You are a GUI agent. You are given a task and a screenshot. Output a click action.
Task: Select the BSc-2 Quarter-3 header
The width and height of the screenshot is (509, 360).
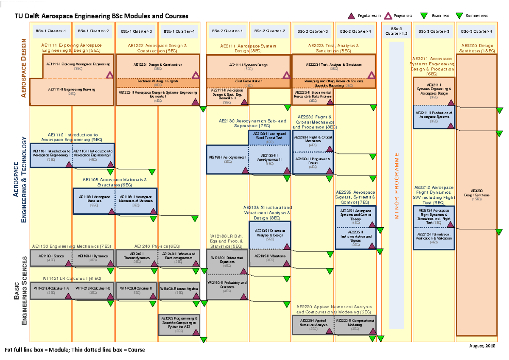pos(313,31)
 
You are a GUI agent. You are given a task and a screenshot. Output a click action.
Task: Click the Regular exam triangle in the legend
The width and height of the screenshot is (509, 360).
pos(351,16)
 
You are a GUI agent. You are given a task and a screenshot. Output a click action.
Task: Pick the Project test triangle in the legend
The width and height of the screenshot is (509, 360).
pos(387,16)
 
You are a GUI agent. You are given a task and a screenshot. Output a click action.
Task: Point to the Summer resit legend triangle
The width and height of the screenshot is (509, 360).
pos(459,16)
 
